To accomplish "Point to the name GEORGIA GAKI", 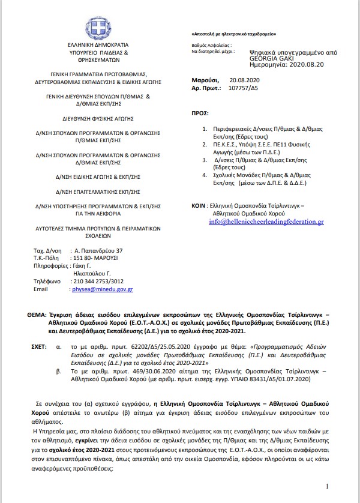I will click(x=269, y=59).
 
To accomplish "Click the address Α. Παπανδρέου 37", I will click(x=97, y=250).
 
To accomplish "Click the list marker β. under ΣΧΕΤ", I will click(x=58, y=372).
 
